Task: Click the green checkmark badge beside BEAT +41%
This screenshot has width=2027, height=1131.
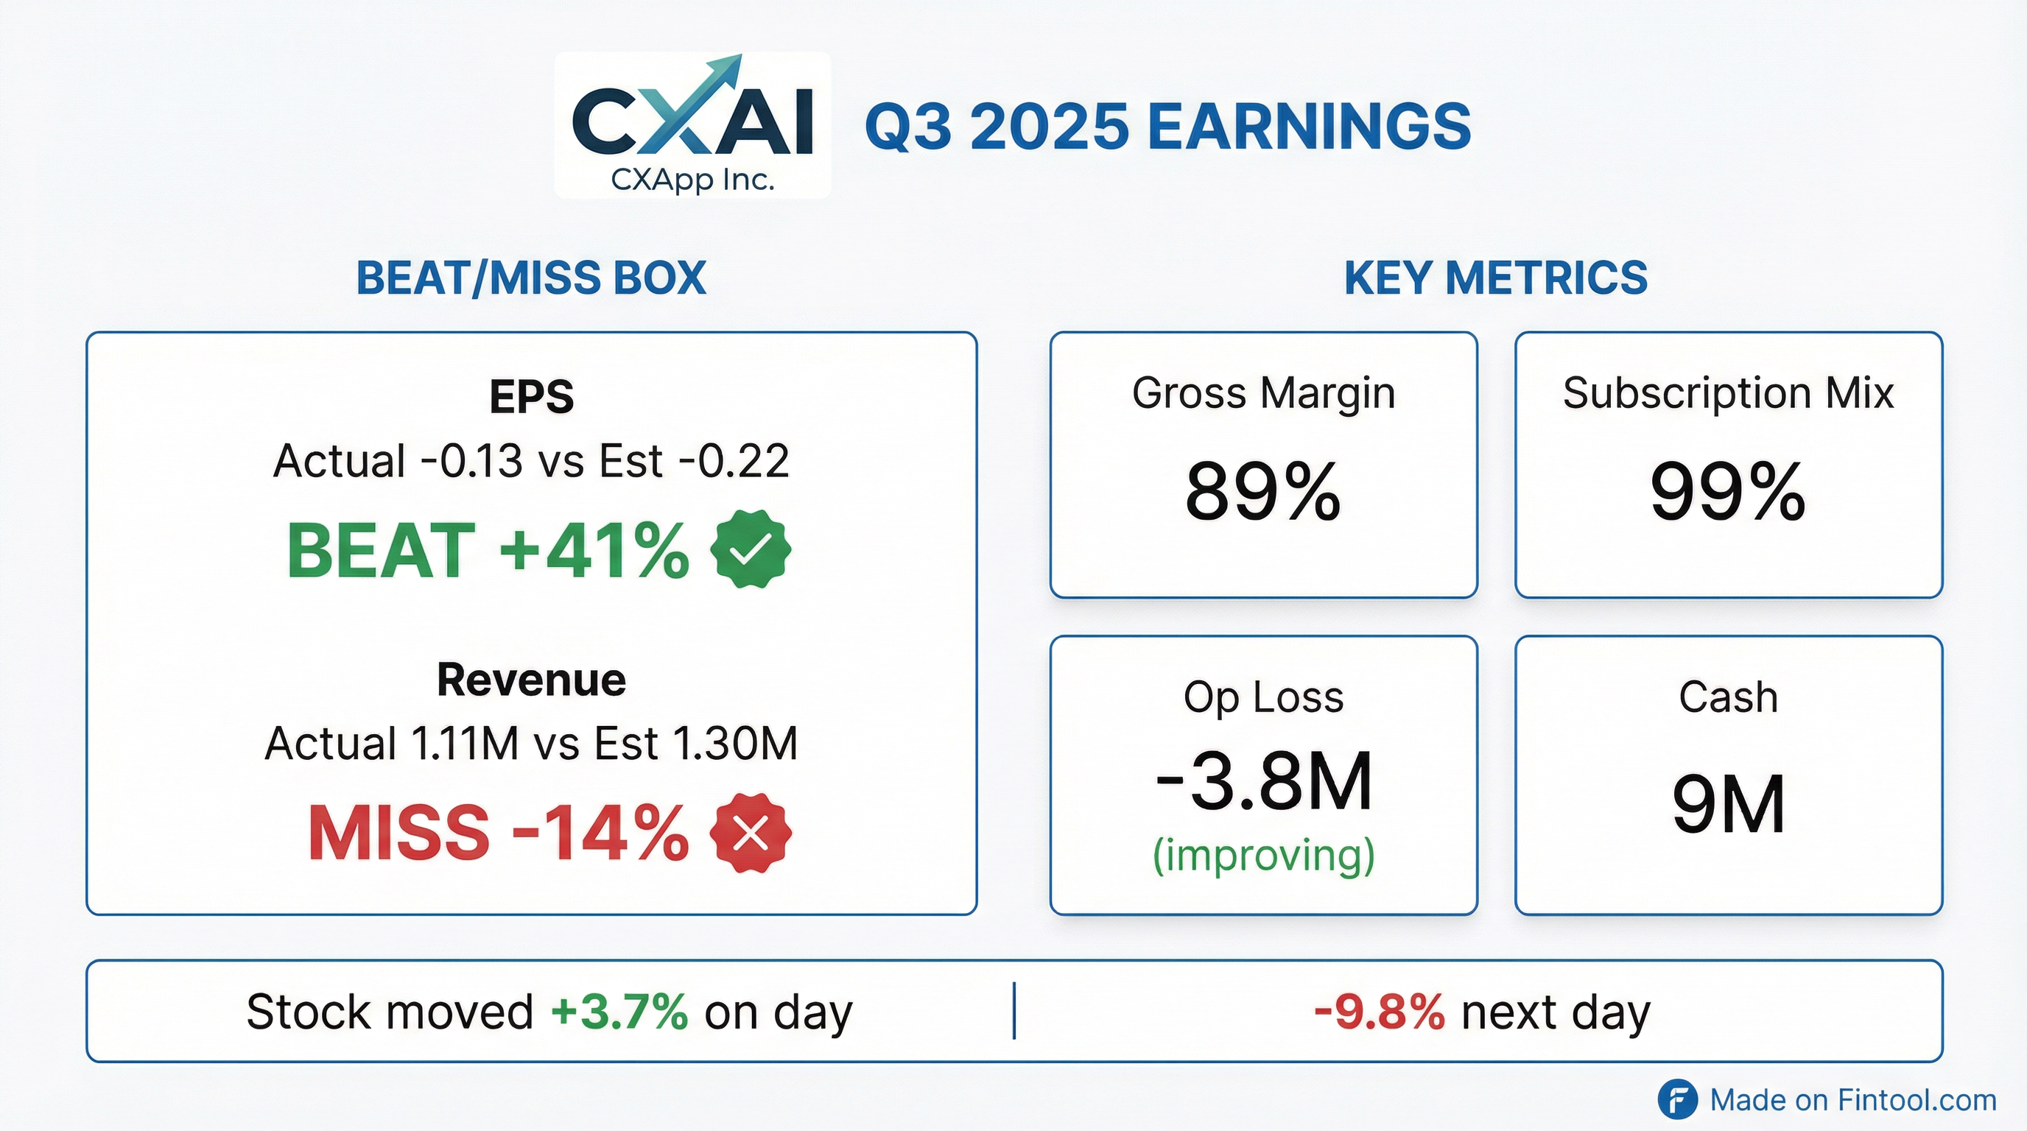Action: click(x=750, y=549)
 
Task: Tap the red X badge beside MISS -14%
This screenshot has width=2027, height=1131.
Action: click(x=750, y=833)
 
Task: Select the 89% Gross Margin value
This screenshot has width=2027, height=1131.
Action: click(x=1263, y=492)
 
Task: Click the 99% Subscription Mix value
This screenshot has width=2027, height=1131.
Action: click(x=1728, y=492)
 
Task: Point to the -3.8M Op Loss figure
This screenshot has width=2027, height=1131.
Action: click(x=1263, y=782)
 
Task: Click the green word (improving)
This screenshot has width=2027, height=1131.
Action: click(x=1263, y=855)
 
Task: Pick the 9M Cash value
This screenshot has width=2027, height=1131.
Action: click(x=1728, y=804)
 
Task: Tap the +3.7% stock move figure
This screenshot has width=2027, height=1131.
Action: click(x=619, y=1012)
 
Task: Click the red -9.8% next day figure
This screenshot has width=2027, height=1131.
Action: click(x=1380, y=1012)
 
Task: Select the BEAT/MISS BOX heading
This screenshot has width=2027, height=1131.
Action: click(x=531, y=278)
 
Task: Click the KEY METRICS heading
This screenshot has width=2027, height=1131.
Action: click(x=1495, y=278)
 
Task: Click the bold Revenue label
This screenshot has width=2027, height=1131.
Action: click(x=531, y=680)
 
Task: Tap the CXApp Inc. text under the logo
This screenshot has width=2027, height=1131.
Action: click(x=692, y=180)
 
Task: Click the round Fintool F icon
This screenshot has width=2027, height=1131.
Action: click(x=1677, y=1099)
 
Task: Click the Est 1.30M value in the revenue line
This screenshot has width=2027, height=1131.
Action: click(x=695, y=743)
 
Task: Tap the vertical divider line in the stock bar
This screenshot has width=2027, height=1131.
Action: click(x=1014, y=1011)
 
